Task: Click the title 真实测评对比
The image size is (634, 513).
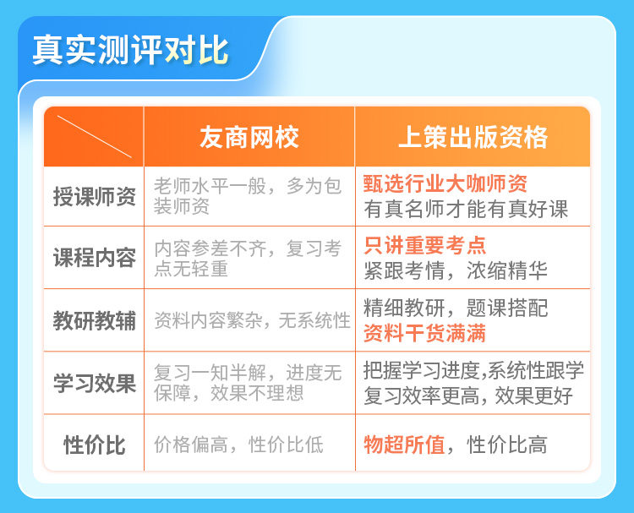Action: coord(130,50)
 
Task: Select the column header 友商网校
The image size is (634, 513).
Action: coord(249,137)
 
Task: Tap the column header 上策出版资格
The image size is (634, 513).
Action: coord(473,137)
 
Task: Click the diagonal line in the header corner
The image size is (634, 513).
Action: coord(95,136)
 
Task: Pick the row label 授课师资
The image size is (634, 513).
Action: coord(94,197)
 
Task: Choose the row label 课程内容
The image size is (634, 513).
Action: coord(94,258)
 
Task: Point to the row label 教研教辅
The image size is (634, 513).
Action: coord(94,320)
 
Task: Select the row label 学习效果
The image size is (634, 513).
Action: coord(94,383)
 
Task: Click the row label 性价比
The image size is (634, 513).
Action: coord(94,445)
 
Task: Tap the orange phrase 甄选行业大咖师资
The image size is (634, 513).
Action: coord(445,184)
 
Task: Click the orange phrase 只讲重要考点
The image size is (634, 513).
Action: coord(424,245)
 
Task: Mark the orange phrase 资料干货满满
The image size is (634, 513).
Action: coord(424,334)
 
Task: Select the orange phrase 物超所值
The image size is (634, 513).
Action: coord(404,445)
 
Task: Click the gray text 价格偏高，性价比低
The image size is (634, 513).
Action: coord(238,445)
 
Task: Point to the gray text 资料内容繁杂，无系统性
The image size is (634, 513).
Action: coord(252,320)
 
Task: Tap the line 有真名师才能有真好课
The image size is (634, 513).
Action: coord(466,210)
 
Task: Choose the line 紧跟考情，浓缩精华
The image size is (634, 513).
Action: coord(456,270)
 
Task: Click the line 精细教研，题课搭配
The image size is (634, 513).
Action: coord(456,308)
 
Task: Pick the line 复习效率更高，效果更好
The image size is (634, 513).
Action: coord(468,396)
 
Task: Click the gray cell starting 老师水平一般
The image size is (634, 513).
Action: coord(248,196)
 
